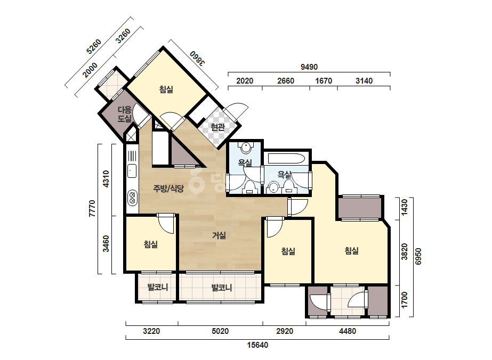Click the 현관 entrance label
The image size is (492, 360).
[218, 127]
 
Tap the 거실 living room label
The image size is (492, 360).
[219, 235]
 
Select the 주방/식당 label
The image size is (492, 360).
[168, 189]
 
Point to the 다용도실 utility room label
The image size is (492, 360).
[125, 114]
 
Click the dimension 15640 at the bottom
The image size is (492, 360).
[257, 345]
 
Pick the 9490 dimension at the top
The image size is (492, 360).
[309, 67]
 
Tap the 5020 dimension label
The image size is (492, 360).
[220, 331]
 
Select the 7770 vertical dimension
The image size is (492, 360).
[92, 209]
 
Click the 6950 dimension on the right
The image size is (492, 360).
[418, 257]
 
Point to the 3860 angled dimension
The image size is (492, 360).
[198, 58]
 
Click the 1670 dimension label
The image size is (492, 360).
[324, 81]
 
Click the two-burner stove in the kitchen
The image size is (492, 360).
[132, 198]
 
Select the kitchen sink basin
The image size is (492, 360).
[132, 171]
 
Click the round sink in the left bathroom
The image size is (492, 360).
[246, 148]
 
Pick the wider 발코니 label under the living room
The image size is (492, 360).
[222, 288]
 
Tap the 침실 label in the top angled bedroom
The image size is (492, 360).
[166, 89]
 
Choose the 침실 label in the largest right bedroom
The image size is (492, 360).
[351, 251]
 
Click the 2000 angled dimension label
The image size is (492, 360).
[90, 70]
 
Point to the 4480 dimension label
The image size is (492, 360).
[348, 331]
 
